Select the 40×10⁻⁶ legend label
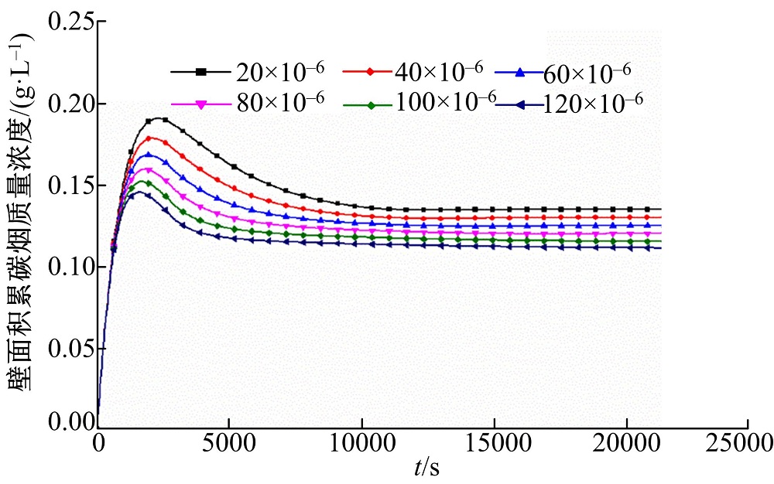[439, 70]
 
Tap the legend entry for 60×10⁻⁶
[587, 72]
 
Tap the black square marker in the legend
[200, 72]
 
